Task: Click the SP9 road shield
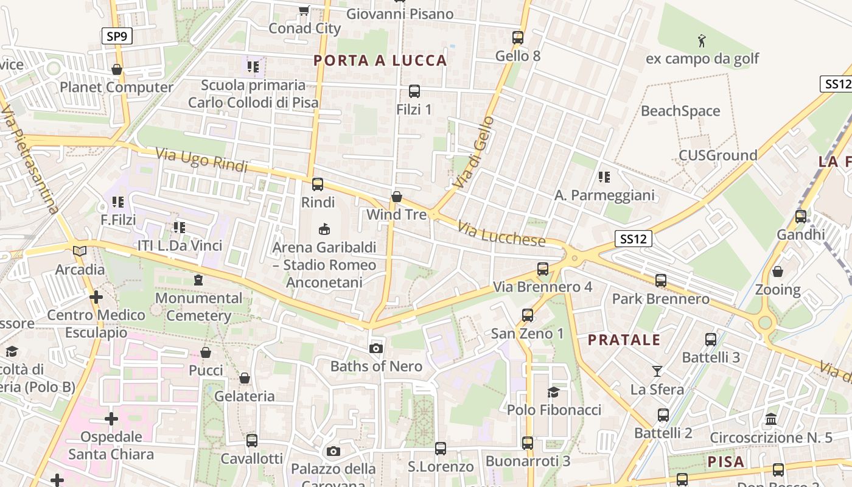116,37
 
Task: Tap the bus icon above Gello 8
518,38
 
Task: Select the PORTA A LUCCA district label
380,60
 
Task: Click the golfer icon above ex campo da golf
702,41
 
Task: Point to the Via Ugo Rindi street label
201,159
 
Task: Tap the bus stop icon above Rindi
317,184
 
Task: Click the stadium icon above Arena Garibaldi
324,229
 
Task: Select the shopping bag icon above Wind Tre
397,197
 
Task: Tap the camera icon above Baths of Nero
376,348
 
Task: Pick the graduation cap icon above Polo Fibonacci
553,392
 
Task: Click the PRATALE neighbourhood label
624,340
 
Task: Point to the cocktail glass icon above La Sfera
657,371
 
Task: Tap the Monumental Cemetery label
198,307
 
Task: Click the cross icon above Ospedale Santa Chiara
111,419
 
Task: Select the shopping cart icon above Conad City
304,10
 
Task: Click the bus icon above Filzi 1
414,91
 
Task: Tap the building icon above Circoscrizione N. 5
771,419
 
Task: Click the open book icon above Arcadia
79,251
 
